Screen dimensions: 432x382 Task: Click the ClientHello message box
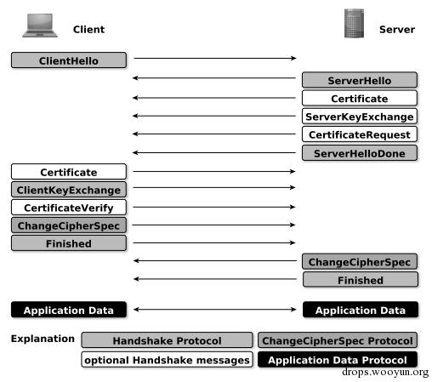(x=69, y=60)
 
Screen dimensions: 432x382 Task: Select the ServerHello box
(x=360, y=80)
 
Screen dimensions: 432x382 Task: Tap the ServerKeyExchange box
(x=360, y=117)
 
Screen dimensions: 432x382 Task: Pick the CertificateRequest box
(x=360, y=134)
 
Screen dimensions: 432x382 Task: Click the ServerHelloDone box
(x=360, y=153)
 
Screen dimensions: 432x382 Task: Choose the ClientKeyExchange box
(x=69, y=190)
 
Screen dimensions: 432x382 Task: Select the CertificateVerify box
(x=69, y=208)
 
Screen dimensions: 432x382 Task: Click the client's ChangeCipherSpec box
(x=69, y=225)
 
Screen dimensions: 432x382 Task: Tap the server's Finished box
(x=361, y=280)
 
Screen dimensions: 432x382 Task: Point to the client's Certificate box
(x=69, y=172)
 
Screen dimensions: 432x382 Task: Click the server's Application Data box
(x=361, y=310)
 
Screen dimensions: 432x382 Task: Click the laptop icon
(x=40, y=26)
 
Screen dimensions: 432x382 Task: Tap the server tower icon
(x=354, y=23)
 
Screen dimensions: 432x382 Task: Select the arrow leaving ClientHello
(x=215, y=58)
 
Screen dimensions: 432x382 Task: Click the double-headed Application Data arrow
(x=215, y=310)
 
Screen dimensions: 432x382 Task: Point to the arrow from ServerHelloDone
(x=214, y=153)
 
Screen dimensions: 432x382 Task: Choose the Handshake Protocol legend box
(x=167, y=340)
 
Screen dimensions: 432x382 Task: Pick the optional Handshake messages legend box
(x=167, y=360)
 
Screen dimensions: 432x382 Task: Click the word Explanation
(x=43, y=339)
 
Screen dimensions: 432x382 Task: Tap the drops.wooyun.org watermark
(x=385, y=372)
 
